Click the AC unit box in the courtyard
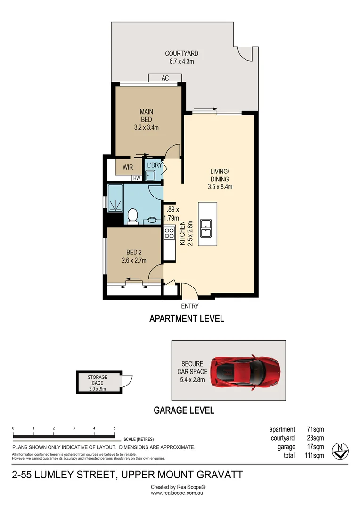[165, 78]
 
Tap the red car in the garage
[245, 371]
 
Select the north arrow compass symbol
[340, 451]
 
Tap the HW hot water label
[137, 178]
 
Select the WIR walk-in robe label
[128, 167]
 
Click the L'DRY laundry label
[155, 165]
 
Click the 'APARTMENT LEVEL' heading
[187, 319]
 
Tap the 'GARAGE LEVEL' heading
[184, 410]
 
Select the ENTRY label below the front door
[189, 306]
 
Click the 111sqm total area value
[314, 455]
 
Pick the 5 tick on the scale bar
[115, 428]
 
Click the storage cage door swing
[127, 380]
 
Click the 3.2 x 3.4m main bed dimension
[146, 127]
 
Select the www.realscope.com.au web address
[178, 493]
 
